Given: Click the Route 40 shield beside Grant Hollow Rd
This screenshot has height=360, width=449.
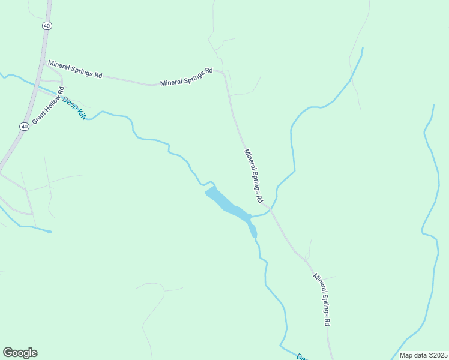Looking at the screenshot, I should [23, 127].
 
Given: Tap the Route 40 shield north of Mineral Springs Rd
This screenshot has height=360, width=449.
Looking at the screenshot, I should [47, 26].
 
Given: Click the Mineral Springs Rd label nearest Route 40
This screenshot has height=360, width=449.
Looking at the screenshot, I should [75, 69].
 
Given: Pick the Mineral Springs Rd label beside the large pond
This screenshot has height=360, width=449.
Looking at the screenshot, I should [254, 175].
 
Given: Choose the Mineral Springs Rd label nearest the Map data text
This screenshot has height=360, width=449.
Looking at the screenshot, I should [321, 299].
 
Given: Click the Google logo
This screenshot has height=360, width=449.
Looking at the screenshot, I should [20, 353].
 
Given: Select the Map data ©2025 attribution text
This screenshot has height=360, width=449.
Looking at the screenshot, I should [423, 355].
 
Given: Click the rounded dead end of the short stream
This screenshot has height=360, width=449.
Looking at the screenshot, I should [49, 231].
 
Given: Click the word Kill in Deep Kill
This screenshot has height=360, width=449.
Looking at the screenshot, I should [80, 112].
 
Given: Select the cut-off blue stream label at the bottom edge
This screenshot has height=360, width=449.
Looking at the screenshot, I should [302, 357].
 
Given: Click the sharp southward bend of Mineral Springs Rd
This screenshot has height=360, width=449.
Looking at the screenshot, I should [223, 73].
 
